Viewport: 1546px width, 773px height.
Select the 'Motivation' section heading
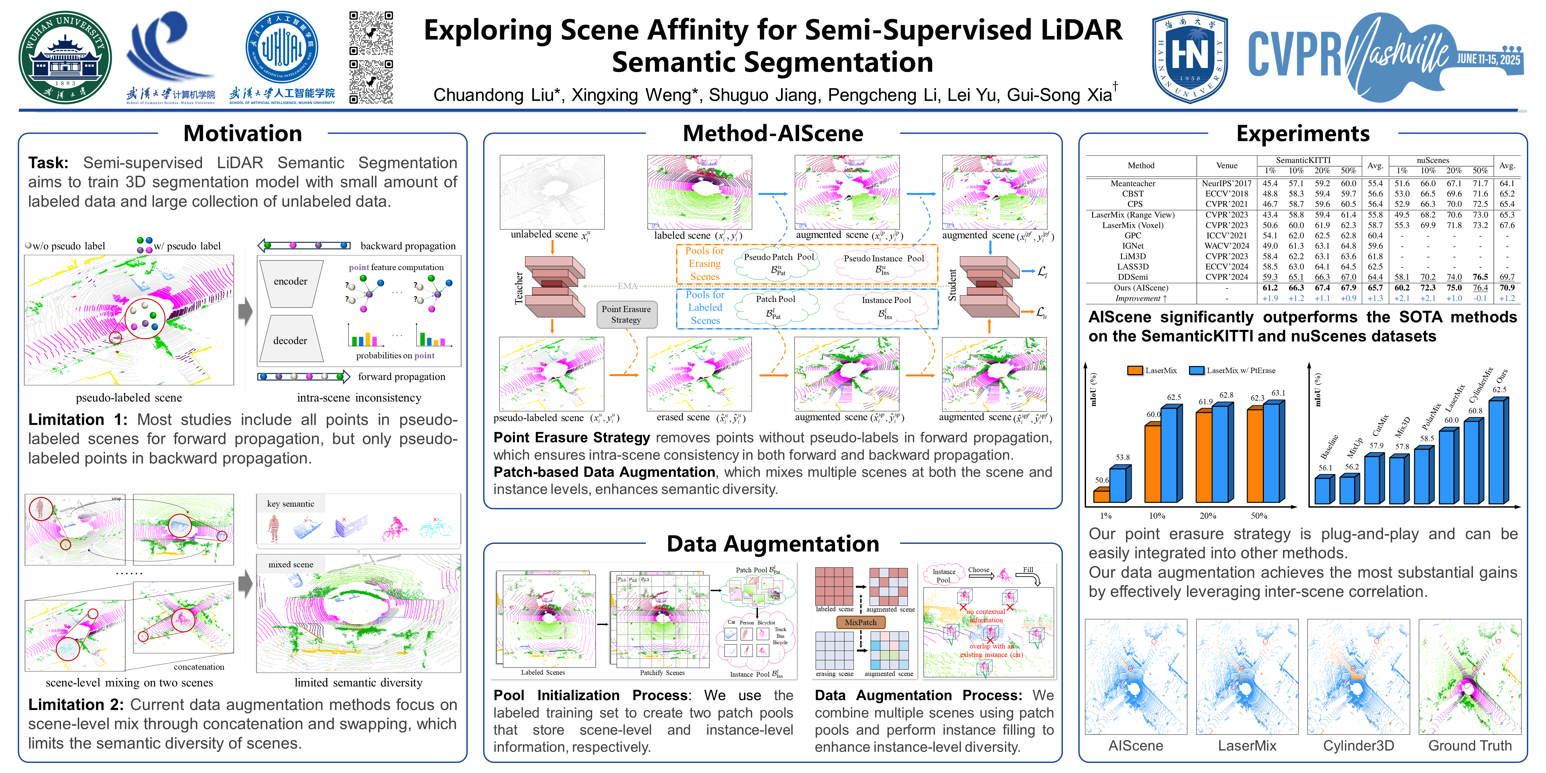click(243, 133)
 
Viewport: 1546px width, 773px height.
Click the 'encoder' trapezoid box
click(291, 282)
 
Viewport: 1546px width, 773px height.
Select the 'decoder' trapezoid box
click(291, 340)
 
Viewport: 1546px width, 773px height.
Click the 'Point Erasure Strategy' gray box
click(626, 314)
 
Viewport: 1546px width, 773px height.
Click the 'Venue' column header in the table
click(1227, 166)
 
